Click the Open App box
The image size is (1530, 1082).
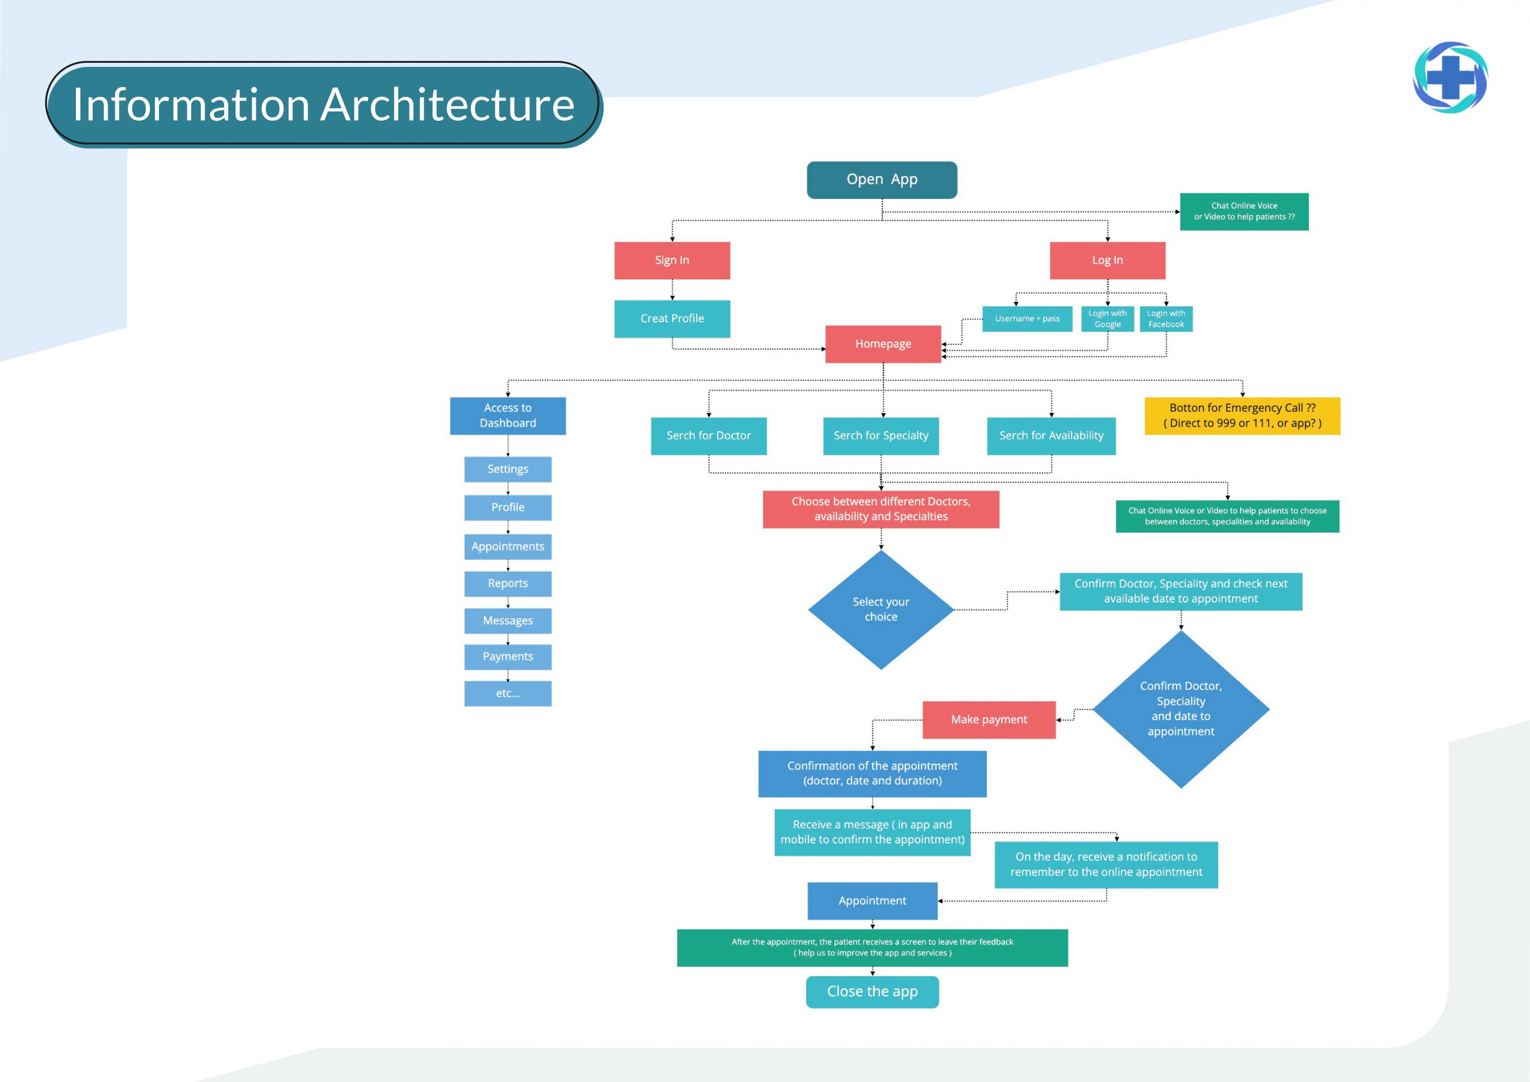coord(882,180)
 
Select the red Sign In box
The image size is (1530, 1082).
coord(672,260)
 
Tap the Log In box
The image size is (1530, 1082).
coord(1107,260)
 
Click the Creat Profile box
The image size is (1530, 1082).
coord(672,319)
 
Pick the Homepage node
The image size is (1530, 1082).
coord(883,344)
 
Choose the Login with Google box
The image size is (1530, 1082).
coord(1107,319)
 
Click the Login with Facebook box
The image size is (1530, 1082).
coord(1165,319)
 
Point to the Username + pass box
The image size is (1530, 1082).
coord(1027,319)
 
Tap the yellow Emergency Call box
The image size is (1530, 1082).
coord(1242,415)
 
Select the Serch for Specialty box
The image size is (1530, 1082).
coord(880,436)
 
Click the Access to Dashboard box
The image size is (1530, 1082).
coord(508,415)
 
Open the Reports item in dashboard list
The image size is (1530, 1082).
coord(508,583)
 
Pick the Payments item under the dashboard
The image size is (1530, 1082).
coord(508,656)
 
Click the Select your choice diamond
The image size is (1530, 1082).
coord(880,609)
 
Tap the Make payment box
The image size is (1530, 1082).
coord(989,719)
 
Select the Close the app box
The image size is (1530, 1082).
coord(873,992)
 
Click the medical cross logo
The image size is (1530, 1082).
coord(1450,77)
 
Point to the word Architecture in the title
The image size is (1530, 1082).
coord(450,105)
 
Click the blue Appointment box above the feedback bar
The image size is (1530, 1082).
coord(873,901)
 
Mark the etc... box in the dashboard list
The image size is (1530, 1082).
coord(508,693)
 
